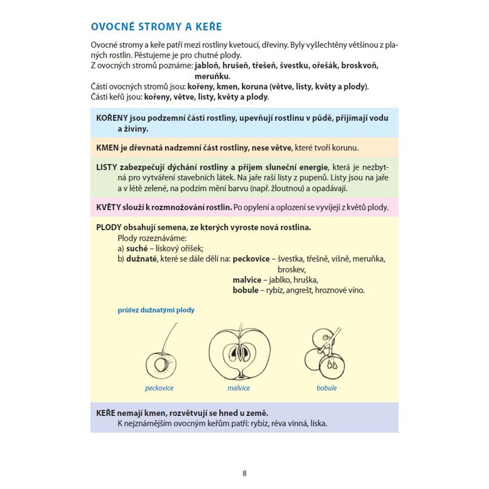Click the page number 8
click(244, 473)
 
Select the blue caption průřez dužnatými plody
click(156, 310)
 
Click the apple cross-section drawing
click(240, 353)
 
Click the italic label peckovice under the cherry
click(159, 388)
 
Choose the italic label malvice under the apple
click(239, 388)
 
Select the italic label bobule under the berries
click(327, 388)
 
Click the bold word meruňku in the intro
click(212, 76)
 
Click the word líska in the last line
click(318, 423)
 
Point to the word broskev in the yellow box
click(292, 269)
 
